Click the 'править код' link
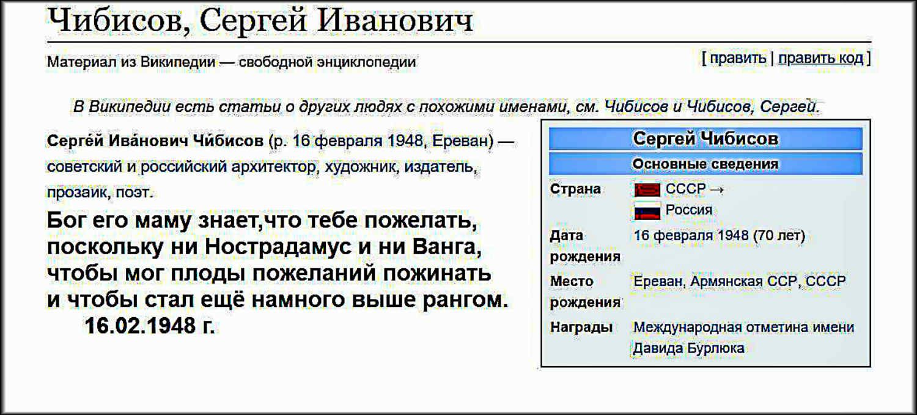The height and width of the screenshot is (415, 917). coord(820,59)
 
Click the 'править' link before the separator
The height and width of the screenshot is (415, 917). coord(738,59)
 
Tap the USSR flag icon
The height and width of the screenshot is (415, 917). coord(647,189)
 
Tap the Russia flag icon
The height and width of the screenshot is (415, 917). coord(647,211)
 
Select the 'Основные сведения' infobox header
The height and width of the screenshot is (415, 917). coord(705,164)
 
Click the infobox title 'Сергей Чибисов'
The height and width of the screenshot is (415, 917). coord(705,138)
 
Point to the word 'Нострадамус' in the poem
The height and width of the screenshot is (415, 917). coord(278,247)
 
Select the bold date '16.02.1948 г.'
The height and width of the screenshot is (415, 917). coord(149,326)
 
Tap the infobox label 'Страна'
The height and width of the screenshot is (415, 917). coord(575,189)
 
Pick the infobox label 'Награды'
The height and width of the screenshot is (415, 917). coord(581,327)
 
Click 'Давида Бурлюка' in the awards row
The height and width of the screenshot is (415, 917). coord(688,348)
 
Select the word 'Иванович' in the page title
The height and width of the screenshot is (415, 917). coord(395,21)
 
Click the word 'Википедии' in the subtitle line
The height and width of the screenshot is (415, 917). coord(178,62)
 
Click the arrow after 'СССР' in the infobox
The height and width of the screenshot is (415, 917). coord(716,190)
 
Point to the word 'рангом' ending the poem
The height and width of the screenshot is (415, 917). coord(465,301)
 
